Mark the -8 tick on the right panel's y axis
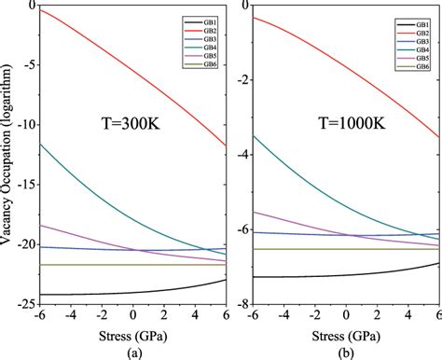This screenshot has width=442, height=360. click(x=241, y=305)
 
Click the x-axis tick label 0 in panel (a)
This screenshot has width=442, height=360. click(x=132, y=316)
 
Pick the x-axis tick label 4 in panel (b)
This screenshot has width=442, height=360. click(x=408, y=316)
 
